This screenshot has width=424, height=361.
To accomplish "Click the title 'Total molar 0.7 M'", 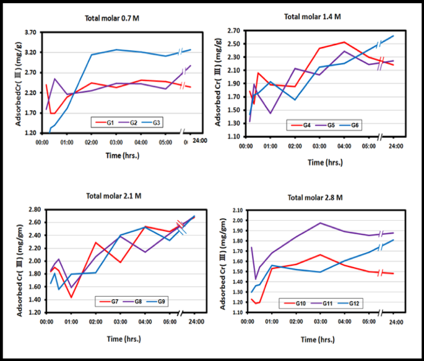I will pos(113,19).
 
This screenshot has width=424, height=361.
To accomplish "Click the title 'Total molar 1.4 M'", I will pos(312,17).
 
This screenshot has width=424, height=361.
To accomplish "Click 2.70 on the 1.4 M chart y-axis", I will pos(232,30).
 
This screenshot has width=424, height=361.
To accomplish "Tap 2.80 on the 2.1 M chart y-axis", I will pos(34,210).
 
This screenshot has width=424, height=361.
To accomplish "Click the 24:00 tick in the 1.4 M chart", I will pos(393,147).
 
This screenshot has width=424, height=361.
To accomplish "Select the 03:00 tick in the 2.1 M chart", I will pos(120,322).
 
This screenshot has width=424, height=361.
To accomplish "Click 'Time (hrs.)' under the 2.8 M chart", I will pos(320,339).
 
